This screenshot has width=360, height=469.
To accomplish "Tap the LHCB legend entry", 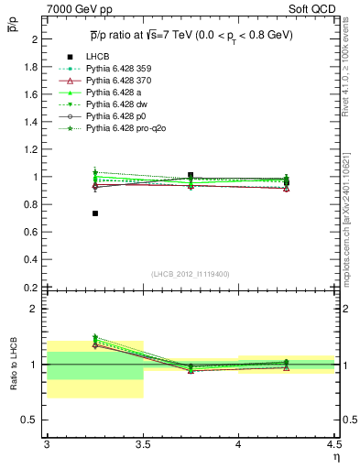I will [x=98, y=57].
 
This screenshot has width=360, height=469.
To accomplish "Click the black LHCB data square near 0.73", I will [x=95, y=213].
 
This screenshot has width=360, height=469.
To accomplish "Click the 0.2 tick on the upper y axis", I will [x=34, y=287].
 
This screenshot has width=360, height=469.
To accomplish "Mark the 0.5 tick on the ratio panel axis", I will [x=34, y=420].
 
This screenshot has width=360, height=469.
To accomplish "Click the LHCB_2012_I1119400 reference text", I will [x=191, y=274].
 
